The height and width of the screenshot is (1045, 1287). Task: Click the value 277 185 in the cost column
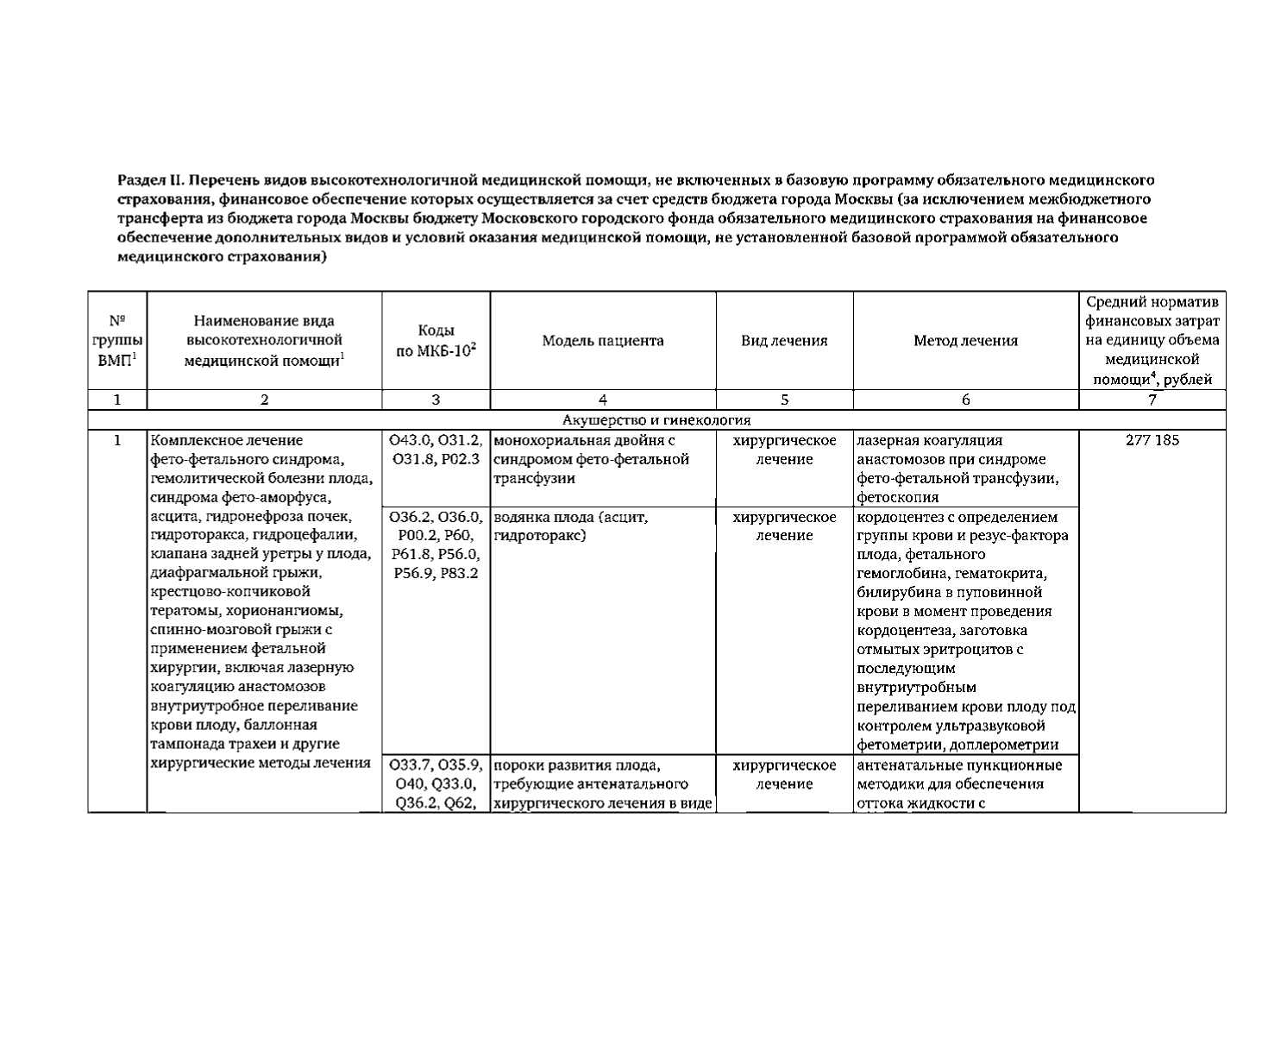[1152, 441]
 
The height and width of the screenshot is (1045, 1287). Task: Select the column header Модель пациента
[603, 341]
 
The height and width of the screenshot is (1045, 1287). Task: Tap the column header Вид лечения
[784, 341]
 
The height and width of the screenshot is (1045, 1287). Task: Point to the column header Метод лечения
[965, 341]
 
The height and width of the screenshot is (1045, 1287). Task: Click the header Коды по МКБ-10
[436, 342]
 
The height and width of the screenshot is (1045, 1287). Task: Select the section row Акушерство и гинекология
[656, 420]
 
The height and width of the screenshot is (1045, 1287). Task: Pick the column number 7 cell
[1152, 400]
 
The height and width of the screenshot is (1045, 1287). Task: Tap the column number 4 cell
[603, 400]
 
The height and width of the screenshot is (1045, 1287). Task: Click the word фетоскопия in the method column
[898, 497]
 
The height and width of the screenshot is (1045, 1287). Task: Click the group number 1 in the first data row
[117, 441]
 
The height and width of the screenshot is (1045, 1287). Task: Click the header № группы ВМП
[117, 341]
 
